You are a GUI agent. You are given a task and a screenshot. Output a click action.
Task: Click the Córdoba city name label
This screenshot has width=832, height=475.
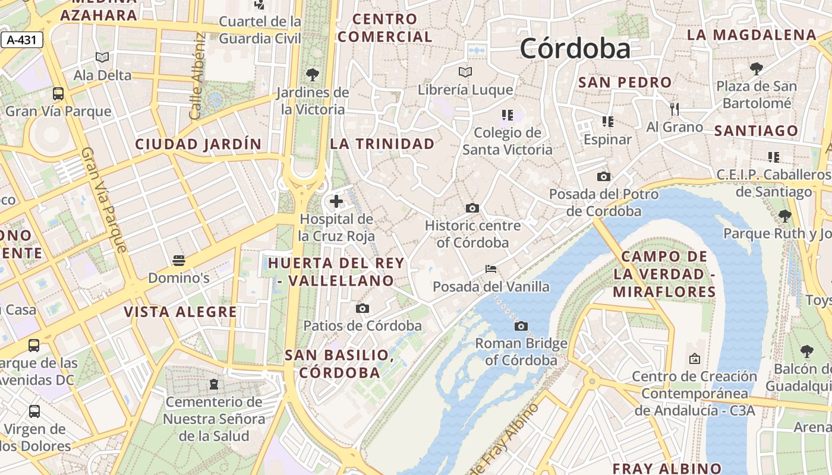coord(575,49)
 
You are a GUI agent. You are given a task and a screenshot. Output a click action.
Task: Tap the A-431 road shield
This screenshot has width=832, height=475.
coord(22,40)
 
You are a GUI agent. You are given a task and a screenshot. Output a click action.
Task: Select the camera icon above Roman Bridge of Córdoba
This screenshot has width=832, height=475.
coord(521,326)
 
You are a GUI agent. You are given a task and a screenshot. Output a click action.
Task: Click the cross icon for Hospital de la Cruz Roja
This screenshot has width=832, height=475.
coord(336,201)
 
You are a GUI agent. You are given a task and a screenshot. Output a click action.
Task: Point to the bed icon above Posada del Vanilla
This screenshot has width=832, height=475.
coord(491,269)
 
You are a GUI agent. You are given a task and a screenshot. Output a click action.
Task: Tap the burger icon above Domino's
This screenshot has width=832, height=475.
coord(178,260)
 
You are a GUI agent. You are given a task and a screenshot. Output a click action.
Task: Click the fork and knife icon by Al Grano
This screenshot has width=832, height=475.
coord(674,109)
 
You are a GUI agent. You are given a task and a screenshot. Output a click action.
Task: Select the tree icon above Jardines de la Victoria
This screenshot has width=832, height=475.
coord(312,75)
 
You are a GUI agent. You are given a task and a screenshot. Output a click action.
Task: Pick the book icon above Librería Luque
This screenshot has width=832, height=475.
coord(465,72)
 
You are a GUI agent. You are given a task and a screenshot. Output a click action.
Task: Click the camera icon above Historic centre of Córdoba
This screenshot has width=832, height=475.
coord(472,208)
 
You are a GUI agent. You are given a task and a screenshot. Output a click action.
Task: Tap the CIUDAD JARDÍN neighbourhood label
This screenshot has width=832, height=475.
coord(198,144)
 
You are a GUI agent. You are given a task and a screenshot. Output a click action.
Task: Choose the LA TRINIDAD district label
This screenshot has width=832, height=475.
coord(382,144)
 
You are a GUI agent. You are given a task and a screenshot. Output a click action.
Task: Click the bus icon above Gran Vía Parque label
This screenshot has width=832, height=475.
coord(58,93)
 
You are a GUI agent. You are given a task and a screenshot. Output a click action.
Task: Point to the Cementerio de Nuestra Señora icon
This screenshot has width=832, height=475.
coord(214,384)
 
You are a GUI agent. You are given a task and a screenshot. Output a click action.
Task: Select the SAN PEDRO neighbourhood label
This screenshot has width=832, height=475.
coord(625,83)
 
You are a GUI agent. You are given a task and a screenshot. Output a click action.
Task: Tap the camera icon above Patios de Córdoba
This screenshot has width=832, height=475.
coord(363,308)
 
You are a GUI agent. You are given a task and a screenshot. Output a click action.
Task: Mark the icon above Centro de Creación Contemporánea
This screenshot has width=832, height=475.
coord(694,359)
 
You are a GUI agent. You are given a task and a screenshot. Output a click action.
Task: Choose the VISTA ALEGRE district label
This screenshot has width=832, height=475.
coord(180,312)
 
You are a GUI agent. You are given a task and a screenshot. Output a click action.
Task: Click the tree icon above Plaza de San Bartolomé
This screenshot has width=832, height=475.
coord(757,68)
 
